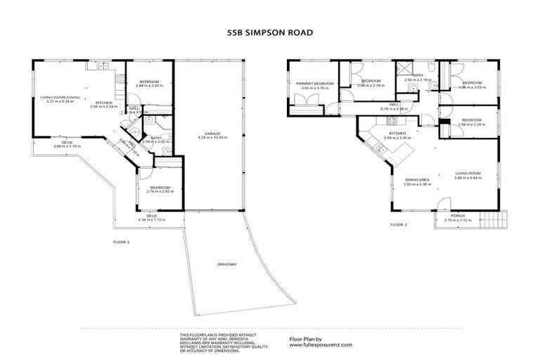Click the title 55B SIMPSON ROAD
click(269, 32)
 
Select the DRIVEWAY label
click(226, 264)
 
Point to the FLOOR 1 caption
click(122, 242)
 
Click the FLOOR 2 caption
click(399, 225)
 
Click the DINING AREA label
click(417, 179)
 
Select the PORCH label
click(458, 216)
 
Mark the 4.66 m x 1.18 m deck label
click(67, 146)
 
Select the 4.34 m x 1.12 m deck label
click(151, 220)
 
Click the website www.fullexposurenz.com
click(321, 345)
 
